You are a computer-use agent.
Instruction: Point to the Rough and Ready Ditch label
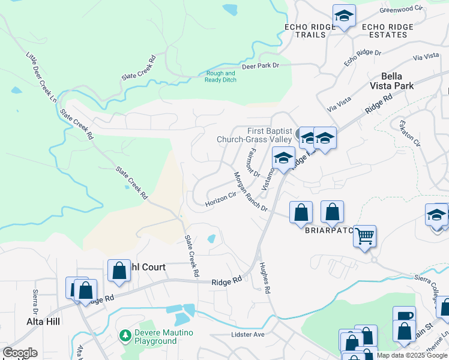220,77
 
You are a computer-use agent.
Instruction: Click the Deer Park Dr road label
261,65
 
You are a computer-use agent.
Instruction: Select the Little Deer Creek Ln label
41,76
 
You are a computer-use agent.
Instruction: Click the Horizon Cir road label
220,199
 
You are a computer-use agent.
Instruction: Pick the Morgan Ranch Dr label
250,191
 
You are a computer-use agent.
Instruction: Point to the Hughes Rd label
265,277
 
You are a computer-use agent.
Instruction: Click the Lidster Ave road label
247,334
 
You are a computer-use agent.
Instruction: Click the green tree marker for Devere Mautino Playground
125,335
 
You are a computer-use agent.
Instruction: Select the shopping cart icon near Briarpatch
364,235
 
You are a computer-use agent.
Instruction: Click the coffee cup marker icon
404,315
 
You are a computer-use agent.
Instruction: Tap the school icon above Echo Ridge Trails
344,16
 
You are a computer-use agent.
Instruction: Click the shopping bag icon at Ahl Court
119,270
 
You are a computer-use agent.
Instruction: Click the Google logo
20,353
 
